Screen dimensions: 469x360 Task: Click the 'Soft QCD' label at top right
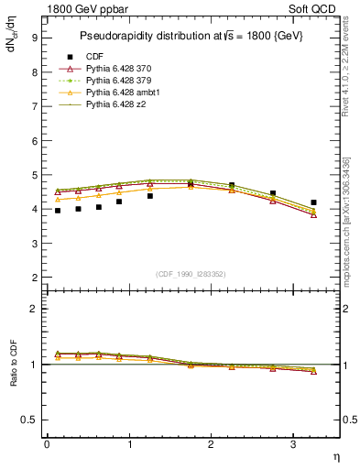312,9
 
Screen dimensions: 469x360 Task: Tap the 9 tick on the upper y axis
33,38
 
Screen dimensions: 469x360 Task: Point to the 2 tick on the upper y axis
33,278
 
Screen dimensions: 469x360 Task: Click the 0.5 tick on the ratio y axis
28,420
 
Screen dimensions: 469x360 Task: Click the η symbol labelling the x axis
334,455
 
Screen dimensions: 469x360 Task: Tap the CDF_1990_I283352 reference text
191,273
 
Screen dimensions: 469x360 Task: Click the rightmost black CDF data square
313,202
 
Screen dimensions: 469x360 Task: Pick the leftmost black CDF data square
58,211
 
